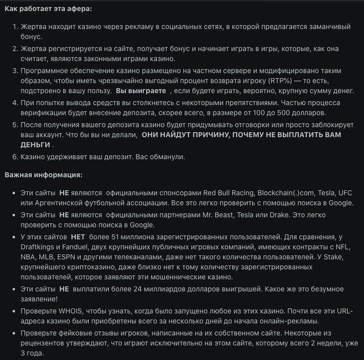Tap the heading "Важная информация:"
pyautogui.click(x=44, y=175)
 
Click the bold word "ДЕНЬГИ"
pyautogui.click(x=35, y=145)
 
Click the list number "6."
pyautogui.click(x=15, y=157)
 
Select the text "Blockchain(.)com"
pyautogui.click(x=286, y=192)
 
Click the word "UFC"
pyautogui.click(x=345, y=192)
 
